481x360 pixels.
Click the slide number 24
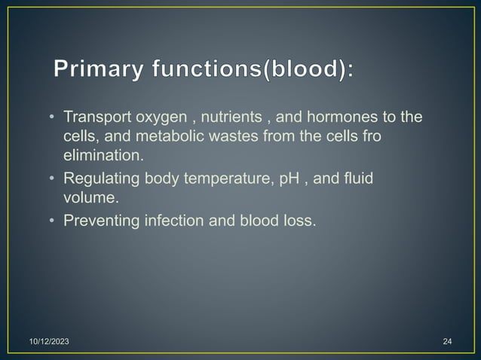click(x=447, y=343)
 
